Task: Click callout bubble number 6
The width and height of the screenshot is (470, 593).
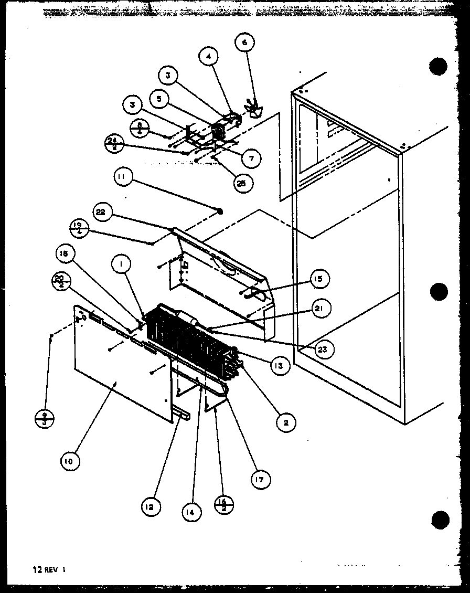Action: click(x=244, y=43)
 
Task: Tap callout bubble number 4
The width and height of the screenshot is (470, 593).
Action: click(x=208, y=56)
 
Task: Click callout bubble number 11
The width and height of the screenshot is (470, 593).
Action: click(x=122, y=178)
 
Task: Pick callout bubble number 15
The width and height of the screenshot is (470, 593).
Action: click(x=319, y=279)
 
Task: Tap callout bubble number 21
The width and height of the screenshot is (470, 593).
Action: click(x=319, y=309)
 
